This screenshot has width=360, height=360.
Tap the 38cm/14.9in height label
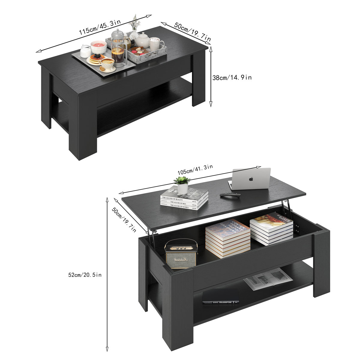232,77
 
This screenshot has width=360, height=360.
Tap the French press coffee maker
118,48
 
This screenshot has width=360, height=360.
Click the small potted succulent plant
182,184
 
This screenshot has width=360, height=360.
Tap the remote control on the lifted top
230,195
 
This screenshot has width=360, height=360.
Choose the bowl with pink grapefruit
98,46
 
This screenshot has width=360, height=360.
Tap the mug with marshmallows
155,44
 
